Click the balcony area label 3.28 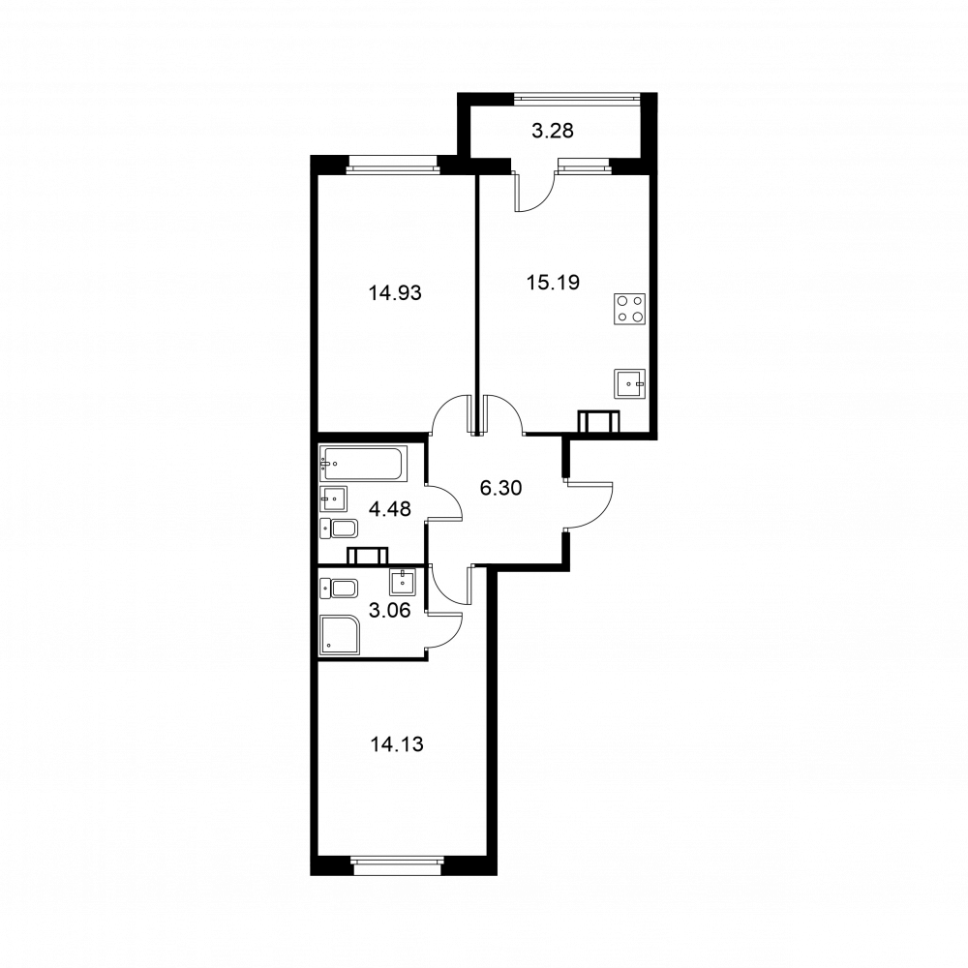(554, 131)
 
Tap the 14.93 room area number (395, 291)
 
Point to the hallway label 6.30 (501, 489)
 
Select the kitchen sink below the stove (630, 384)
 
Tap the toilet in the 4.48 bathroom (340, 529)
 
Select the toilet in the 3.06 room (340, 588)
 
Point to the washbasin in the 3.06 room (403, 582)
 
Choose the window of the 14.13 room (398, 860)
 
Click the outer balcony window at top (576, 96)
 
